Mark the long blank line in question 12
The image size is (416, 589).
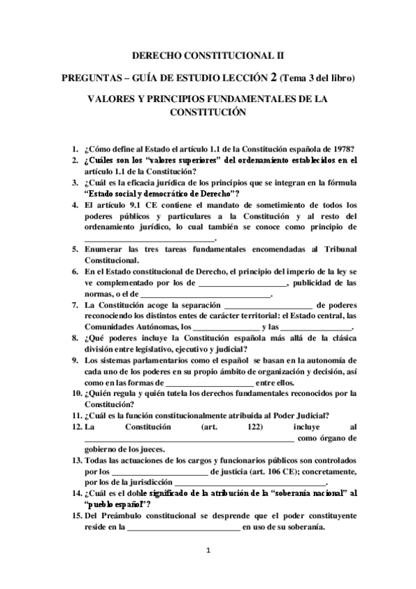point(190,438)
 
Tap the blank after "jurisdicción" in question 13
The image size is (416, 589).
point(250,483)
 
